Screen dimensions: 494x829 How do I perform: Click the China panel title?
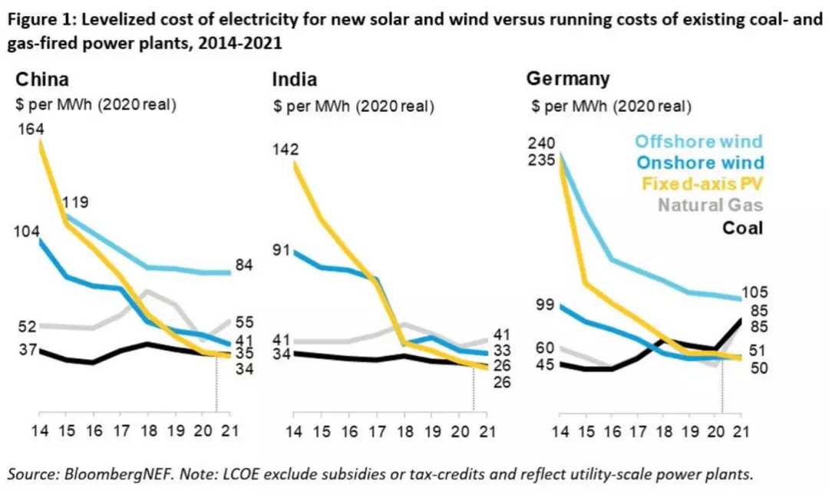[x=43, y=80]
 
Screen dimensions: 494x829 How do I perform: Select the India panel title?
[x=295, y=80]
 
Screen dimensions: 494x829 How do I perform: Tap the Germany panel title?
[x=568, y=78]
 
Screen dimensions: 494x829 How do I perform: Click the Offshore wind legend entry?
[x=699, y=141]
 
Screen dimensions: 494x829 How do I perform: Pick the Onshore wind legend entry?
[x=701, y=163]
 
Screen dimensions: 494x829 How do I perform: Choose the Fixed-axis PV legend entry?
[x=702, y=184]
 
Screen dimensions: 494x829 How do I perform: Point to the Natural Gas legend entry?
[x=711, y=206]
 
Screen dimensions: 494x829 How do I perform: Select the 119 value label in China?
[x=78, y=203]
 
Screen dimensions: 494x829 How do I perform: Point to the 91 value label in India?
[x=283, y=249]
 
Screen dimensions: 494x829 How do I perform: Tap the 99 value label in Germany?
[x=546, y=305]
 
